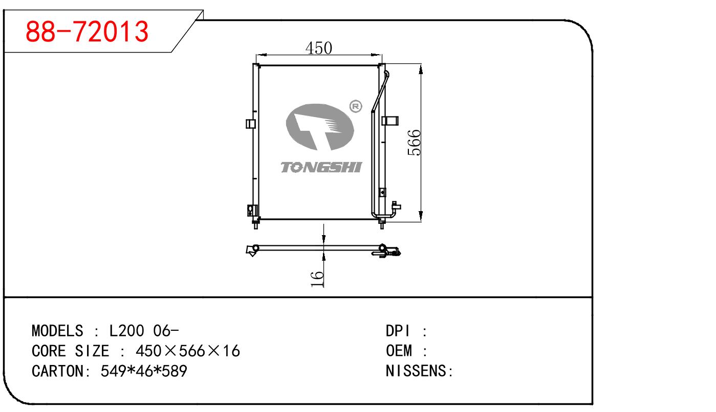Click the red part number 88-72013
click(88, 32)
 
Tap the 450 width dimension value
click(319, 48)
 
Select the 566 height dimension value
click(414, 143)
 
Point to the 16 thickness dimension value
click(318, 279)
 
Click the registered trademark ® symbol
click(355, 106)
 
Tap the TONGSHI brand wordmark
click(321, 167)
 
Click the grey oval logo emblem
click(317, 127)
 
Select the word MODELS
click(57, 331)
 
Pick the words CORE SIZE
click(70, 351)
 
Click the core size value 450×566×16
click(187, 351)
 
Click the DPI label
click(399, 331)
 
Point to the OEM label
click(399, 351)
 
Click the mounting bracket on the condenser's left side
click(251, 124)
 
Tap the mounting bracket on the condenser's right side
click(391, 120)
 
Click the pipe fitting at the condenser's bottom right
click(395, 209)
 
